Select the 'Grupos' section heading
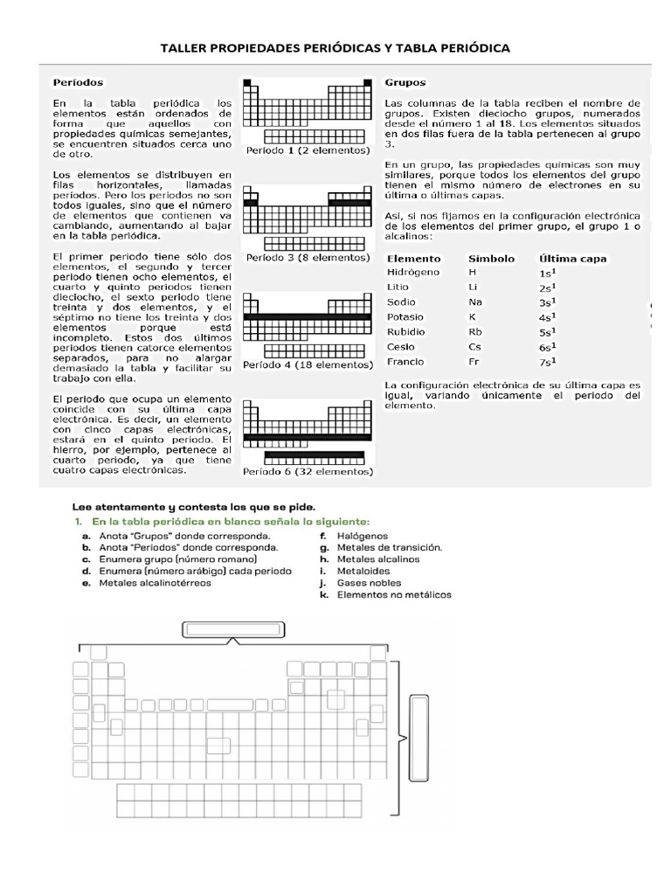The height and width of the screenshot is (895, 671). (x=405, y=82)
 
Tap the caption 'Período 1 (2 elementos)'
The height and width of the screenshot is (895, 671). (x=308, y=150)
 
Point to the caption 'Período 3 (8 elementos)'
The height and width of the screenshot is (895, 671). (x=308, y=258)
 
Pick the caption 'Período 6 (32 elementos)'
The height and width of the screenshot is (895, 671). (x=308, y=471)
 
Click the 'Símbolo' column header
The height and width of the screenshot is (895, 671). (x=491, y=259)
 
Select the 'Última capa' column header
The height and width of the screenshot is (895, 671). (x=572, y=259)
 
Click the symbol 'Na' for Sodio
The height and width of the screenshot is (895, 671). (x=475, y=302)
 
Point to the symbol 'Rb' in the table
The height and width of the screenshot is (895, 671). (x=475, y=332)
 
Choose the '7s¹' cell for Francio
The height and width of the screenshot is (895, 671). (x=548, y=362)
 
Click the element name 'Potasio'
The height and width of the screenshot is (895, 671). (x=405, y=316)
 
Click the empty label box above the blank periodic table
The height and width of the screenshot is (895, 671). (x=233, y=629)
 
